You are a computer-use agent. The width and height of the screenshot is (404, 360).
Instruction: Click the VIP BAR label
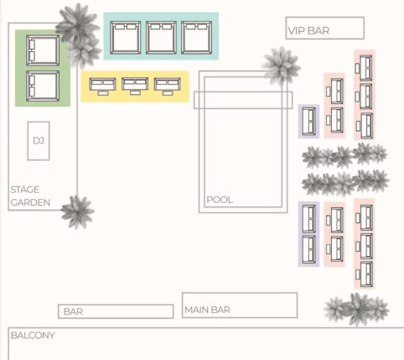(308, 31)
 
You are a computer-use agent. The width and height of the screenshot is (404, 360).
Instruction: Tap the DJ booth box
(39, 141)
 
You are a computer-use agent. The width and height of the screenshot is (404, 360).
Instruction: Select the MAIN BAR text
(207, 310)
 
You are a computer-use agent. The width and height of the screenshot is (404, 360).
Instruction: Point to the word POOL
(220, 200)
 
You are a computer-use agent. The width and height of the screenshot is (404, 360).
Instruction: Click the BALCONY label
(33, 335)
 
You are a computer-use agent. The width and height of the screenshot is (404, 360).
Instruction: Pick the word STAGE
(25, 190)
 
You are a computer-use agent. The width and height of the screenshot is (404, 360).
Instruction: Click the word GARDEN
(30, 202)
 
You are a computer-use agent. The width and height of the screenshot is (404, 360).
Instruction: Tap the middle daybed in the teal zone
(161, 38)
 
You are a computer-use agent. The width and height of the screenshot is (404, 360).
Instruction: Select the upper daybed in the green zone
(43, 50)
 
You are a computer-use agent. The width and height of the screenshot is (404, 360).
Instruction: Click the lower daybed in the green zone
(43, 86)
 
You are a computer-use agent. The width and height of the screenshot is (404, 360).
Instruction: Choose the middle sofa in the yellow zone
(135, 86)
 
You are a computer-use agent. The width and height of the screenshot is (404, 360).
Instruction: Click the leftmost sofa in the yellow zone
(102, 86)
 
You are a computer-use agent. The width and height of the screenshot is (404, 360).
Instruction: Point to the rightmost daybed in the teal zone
(197, 38)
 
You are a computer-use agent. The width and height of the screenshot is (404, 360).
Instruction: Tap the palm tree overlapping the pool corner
(281, 66)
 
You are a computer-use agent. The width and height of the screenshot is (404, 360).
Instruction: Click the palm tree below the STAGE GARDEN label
(77, 211)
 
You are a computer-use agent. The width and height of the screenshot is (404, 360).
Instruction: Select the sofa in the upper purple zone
(309, 121)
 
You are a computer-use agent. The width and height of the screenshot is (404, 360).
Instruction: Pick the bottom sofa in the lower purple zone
(309, 249)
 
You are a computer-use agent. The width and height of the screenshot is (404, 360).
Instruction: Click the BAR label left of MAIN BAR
(73, 311)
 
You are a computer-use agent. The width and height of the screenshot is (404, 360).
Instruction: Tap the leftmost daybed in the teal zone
(126, 38)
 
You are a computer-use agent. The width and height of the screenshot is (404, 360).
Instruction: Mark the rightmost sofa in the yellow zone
(168, 86)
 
